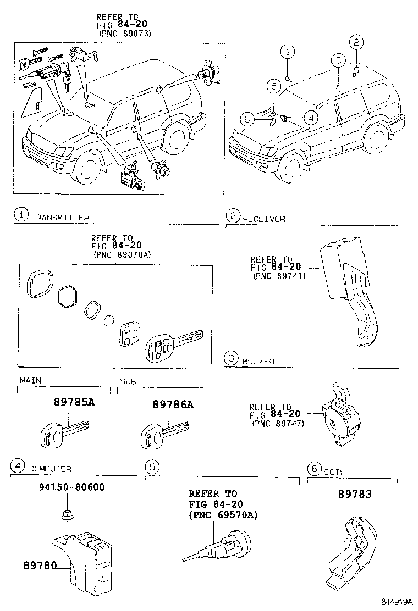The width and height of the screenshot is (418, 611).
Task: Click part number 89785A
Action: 74,403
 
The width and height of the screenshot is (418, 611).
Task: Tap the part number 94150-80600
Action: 64,487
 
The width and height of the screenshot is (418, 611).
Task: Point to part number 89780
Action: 40,565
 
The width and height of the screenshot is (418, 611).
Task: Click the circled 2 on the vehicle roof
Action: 356,42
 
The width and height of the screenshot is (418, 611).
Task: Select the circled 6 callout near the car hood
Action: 247,118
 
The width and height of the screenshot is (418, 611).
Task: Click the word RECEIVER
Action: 264,219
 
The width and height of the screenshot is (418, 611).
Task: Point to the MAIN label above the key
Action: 30,380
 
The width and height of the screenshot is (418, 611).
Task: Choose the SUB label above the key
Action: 128,381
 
